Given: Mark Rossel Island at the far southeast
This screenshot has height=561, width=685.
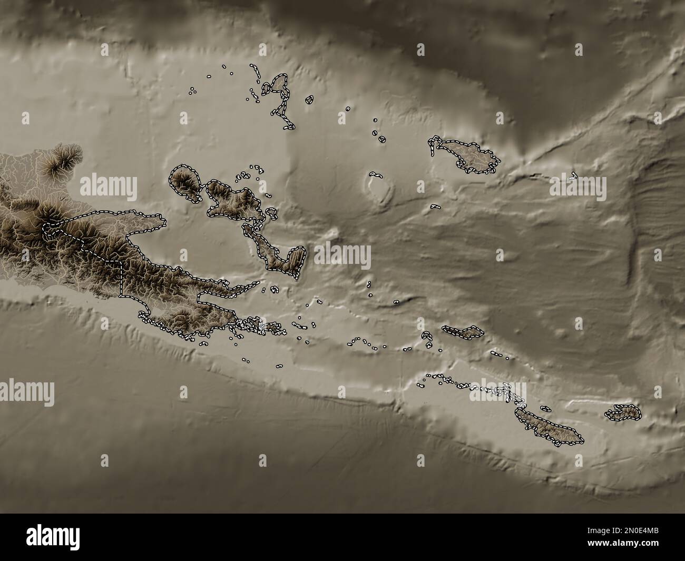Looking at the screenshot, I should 623,412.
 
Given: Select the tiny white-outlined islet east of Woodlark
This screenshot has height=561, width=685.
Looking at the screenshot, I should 574,175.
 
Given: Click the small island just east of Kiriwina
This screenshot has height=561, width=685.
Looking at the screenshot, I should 309,99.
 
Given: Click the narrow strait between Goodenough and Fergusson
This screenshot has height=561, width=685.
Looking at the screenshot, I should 204,192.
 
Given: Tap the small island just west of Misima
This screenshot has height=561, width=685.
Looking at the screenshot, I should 426,335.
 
